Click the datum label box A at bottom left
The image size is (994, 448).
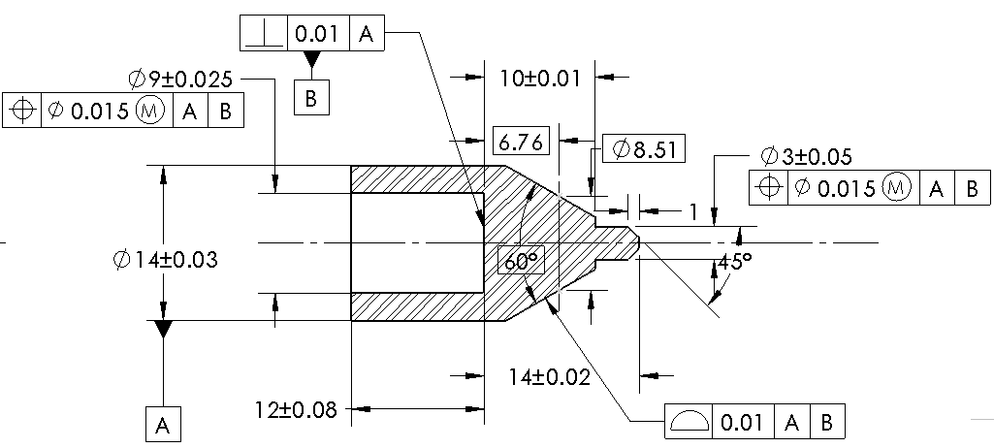click(x=163, y=424)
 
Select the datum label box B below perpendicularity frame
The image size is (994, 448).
click(x=311, y=99)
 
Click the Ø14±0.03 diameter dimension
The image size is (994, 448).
click(x=164, y=260)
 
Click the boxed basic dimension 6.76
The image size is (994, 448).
click(x=522, y=142)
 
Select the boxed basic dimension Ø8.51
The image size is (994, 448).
click(x=644, y=149)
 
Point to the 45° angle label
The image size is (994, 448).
click(x=734, y=263)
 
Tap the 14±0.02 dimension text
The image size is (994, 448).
click(x=549, y=377)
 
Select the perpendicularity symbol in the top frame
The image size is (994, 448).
click(x=263, y=35)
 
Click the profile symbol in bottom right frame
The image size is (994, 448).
click(x=689, y=422)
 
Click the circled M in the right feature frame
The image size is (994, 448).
click(x=899, y=187)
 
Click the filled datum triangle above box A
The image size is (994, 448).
click(x=163, y=330)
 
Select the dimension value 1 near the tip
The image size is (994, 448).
click(x=692, y=210)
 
